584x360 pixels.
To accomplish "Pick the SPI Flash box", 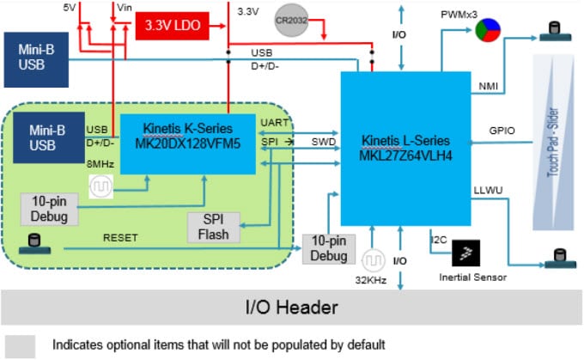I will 214,225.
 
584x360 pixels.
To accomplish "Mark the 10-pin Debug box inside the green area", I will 50,209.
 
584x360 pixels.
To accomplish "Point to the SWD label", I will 323,141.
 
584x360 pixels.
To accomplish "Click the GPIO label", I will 502,131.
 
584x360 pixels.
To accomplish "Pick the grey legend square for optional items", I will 21,345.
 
